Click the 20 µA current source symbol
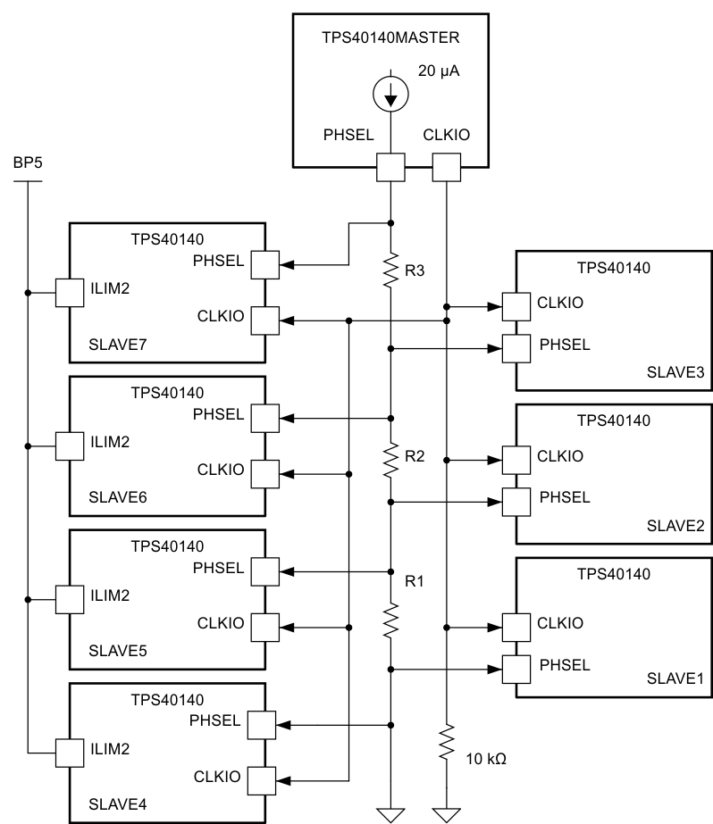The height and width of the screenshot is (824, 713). click(x=390, y=96)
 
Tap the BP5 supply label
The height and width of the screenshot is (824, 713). click(x=27, y=165)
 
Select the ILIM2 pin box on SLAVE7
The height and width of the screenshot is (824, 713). click(x=69, y=292)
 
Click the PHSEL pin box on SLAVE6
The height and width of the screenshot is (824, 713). click(x=266, y=418)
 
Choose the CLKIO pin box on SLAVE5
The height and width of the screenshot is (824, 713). click(x=266, y=628)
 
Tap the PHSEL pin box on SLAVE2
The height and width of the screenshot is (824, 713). click(x=516, y=501)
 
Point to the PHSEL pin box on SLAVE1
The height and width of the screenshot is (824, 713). click(x=516, y=668)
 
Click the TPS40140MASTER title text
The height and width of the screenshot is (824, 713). click(x=390, y=39)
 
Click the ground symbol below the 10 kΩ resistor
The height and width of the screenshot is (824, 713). click(x=445, y=812)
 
